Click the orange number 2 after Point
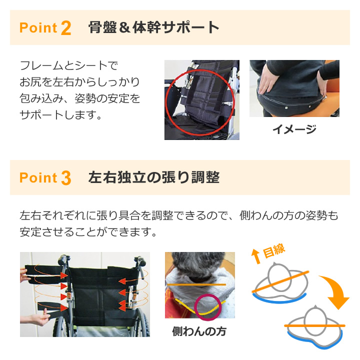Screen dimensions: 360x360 click(x=66, y=28)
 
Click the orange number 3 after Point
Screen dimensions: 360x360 click(x=66, y=178)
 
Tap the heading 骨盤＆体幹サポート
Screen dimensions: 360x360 click(x=153, y=27)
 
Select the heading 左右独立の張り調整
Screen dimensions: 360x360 click(x=154, y=177)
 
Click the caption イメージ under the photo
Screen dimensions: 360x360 click(x=294, y=129)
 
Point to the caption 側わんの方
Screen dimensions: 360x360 click(x=199, y=331)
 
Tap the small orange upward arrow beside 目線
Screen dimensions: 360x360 click(x=256, y=256)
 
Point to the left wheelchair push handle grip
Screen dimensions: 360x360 click(x=63, y=259)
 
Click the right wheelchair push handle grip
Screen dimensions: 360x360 click(x=140, y=261)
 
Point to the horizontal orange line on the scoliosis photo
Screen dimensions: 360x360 click(x=196, y=284)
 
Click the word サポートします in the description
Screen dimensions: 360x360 click(x=60, y=115)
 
